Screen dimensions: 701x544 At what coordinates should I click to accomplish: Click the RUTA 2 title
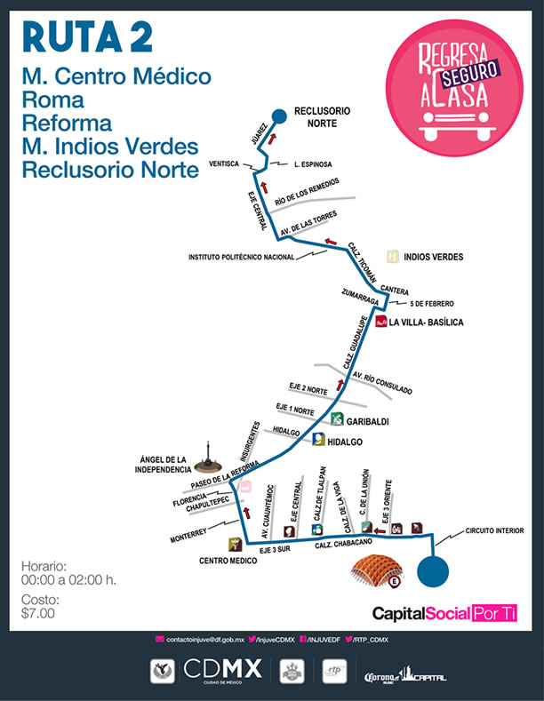coord(87,36)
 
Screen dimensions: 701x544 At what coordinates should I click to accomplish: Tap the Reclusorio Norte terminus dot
coord(278,115)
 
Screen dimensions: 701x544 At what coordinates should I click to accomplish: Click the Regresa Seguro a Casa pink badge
coord(453,89)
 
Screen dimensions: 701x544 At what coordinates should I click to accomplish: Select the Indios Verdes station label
coord(433,257)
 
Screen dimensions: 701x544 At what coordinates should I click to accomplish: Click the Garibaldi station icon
coord(336,419)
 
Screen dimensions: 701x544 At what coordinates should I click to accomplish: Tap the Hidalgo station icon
coord(317,439)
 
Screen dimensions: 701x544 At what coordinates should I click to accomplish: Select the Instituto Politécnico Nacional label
coord(241,258)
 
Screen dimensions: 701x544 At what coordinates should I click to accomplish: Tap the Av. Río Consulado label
coord(382,384)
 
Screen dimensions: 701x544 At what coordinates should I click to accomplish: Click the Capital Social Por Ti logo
coord(444,613)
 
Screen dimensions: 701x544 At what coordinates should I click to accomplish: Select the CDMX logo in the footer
coord(221,669)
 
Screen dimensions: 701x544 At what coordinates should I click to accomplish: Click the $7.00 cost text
coord(38,612)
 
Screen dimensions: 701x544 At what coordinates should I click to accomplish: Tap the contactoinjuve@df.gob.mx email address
coord(198,639)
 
